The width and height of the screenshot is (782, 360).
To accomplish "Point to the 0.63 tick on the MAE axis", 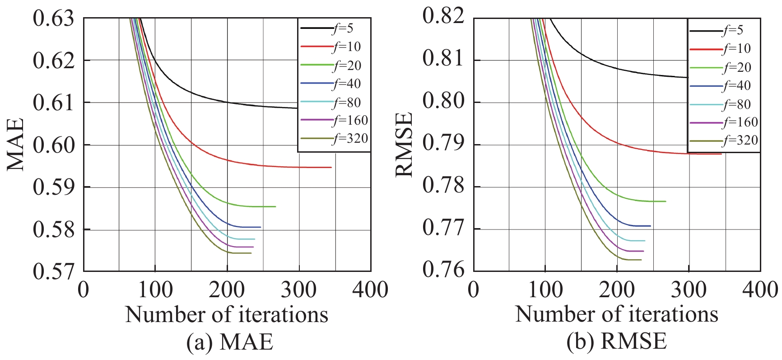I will (53, 19).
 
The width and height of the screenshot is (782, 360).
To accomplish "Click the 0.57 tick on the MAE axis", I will (53, 271).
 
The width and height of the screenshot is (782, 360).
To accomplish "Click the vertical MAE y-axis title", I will (16, 145).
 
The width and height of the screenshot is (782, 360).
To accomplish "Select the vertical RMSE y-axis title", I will (404, 145).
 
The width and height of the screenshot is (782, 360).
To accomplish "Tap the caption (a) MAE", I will (230, 342).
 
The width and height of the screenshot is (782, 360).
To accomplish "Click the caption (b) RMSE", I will (617, 342).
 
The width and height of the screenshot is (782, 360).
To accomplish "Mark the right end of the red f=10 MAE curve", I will (331, 167).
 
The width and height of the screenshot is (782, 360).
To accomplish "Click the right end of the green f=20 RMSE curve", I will (665, 201).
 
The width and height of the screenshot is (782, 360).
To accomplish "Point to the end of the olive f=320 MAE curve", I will (251, 253).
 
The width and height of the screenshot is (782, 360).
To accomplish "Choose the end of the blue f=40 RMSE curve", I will (650, 225).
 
